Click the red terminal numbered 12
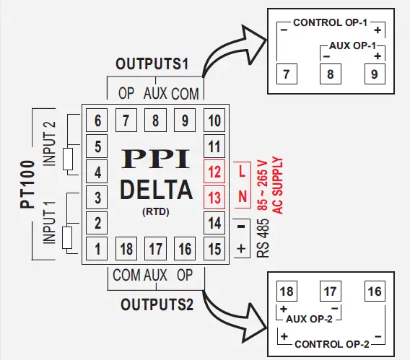[213, 172]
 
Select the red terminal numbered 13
[213, 196]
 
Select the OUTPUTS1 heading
[152, 64]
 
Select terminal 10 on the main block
[213, 120]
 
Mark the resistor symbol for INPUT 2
[69, 159]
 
